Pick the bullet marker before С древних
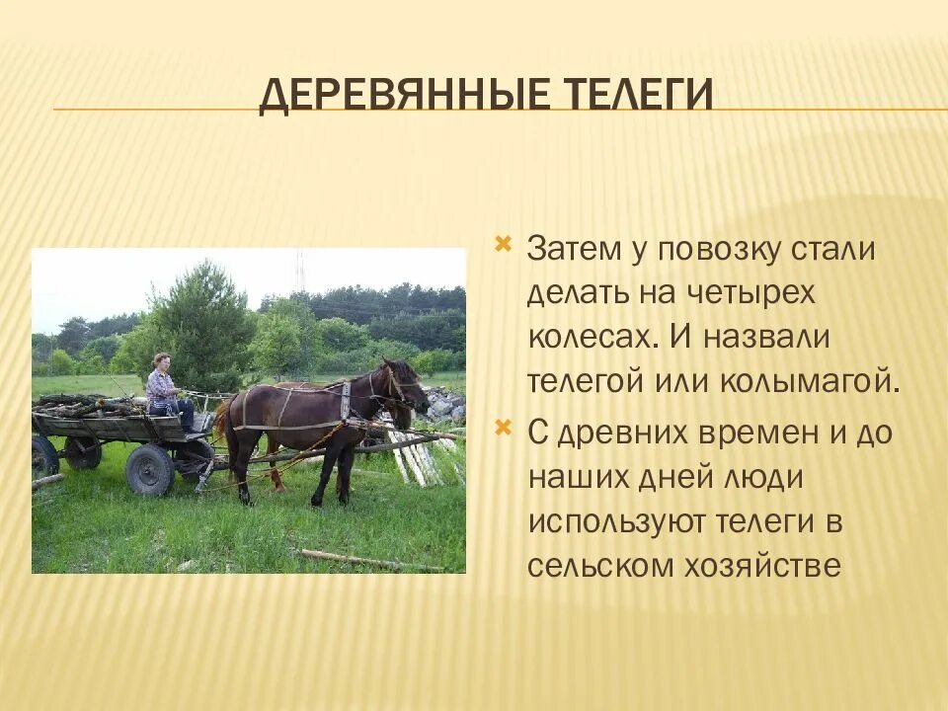(x=503, y=428)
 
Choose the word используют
(x=616, y=523)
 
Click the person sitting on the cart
(x=168, y=392)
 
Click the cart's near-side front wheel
(x=149, y=470)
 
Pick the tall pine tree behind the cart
(x=199, y=327)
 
